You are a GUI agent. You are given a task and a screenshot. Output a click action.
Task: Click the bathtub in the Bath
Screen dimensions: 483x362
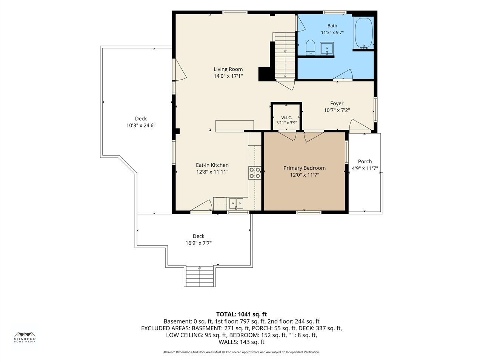tap(364, 33)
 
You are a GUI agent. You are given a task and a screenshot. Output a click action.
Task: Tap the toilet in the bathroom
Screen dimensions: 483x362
tap(310, 48)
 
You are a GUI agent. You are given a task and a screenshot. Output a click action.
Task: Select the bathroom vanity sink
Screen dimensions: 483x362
tap(326, 49)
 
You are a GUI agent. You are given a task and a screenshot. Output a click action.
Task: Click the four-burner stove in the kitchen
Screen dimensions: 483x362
tap(255, 173)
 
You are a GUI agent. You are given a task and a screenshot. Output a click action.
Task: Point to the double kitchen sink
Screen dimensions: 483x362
tap(236, 203)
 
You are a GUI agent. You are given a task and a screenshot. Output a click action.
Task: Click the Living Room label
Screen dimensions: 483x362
tap(228, 69)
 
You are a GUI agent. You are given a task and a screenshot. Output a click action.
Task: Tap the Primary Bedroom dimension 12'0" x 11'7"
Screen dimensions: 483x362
tap(304, 175)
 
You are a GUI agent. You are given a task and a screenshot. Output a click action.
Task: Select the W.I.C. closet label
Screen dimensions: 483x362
tap(286, 118)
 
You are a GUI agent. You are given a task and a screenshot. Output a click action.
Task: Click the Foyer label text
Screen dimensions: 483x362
tap(337, 103)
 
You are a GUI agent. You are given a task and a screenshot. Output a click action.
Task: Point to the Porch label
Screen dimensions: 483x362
tap(365, 161)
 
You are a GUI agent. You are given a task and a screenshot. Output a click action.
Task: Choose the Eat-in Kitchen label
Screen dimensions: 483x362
tap(212, 165)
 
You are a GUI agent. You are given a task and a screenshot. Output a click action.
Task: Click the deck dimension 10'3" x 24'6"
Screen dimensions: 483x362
tap(141, 126)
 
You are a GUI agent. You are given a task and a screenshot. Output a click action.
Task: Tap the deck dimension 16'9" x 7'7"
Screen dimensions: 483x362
tap(198, 243)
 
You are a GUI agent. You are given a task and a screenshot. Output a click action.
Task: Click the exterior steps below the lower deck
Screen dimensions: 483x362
tap(200, 276)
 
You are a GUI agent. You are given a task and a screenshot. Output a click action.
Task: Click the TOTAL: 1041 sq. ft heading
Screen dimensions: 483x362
tap(241, 314)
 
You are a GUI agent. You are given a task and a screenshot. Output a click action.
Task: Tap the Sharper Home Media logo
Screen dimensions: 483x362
tap(25, 337)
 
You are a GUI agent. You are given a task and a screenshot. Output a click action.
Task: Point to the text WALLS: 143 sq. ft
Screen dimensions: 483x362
tap(241, 342)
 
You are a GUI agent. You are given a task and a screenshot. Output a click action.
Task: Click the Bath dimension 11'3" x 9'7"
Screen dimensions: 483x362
tap(332, 32)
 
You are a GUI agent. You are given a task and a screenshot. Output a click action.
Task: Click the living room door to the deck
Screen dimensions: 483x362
tap(179, 70)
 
